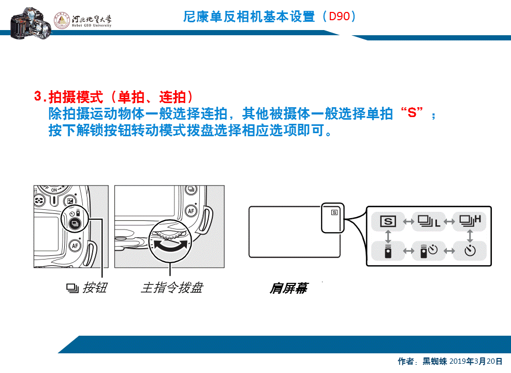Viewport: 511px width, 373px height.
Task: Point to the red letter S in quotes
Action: (x=413, y=113)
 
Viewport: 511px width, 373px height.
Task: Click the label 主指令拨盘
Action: (x=171, y=288)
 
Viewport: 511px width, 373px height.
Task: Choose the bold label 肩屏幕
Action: (x=288, y=289)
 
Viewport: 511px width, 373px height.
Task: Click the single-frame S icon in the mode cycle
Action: (x=388, y=222)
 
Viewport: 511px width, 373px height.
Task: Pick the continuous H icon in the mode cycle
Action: (x=470, y=221)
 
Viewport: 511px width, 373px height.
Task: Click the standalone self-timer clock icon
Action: (x=470, y=251)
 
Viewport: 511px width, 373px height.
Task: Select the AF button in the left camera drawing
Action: (x=76, y=245)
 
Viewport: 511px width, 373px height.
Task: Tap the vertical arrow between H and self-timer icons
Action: (x=470, y=236)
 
